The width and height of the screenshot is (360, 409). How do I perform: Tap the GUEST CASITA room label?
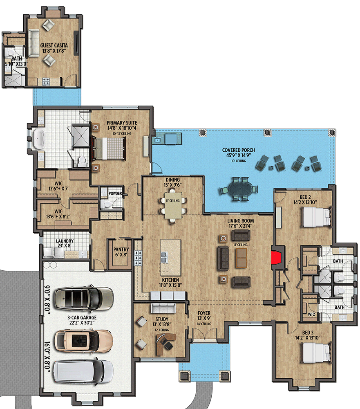54,45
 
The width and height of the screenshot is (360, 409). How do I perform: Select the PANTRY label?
121,249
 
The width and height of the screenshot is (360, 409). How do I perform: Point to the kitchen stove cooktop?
138,257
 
